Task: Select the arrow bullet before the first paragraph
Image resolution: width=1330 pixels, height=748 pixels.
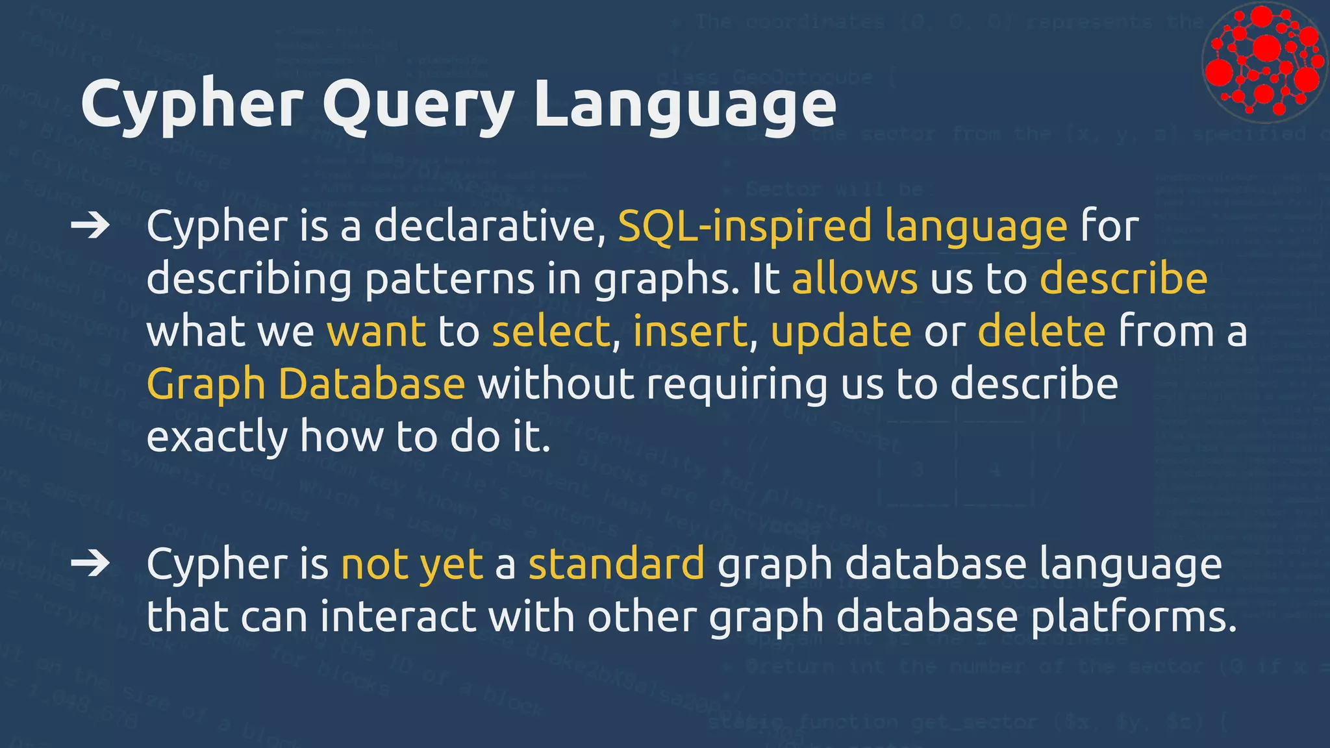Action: [x=90, y=226]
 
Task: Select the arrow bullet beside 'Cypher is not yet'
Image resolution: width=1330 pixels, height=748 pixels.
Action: [x=90, y=563]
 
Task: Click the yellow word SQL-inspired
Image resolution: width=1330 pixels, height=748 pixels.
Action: [x=744, y=226]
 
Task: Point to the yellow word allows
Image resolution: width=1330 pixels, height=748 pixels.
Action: [x=855, y=279]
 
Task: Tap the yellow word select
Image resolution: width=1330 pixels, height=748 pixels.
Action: [x=551, y=331]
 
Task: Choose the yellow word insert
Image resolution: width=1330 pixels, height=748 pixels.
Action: [x=690, y=331]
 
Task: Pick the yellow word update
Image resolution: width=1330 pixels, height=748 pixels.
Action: [x=841, y=331]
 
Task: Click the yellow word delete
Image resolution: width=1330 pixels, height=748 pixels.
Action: [x=1042, y=331]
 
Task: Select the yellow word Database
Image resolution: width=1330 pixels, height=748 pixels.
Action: [x=371, y=384]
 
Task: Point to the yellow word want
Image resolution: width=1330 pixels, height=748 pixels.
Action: [x=377, y=331]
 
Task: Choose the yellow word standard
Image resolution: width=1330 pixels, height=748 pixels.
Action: [x=616, y=563]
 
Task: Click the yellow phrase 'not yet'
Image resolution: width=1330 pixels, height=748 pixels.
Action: [x=412, y=563]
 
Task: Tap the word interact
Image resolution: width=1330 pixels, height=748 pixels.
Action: [x=399, y=616]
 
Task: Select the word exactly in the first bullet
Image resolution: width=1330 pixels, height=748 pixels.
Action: [x=217, y=437]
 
